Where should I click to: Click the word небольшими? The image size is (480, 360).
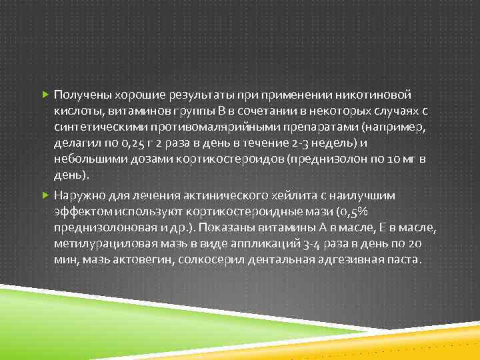(85, 159)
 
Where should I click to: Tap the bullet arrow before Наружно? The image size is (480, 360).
(45, 195)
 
